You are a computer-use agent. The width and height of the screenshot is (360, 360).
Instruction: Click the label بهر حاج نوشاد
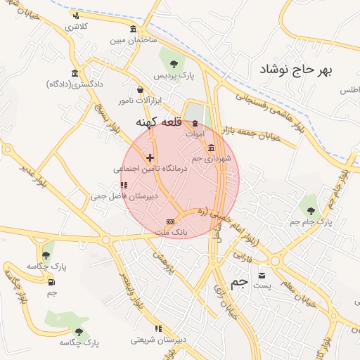[x=295, y=69]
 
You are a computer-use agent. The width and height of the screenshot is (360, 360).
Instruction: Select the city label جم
[x=240, y=282]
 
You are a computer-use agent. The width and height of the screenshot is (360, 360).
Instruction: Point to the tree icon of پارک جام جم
[x=310, y=210]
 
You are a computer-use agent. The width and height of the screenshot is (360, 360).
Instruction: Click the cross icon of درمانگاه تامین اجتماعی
[x=150, y=158]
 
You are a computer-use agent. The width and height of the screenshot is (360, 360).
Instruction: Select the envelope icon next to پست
[x=262, y=275]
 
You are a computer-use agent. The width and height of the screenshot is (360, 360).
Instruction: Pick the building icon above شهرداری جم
[x=212, y=147]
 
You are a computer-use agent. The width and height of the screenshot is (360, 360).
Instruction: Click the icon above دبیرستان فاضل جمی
[x=124, y=186]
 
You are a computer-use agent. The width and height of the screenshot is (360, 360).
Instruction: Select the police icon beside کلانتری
[x=75, y=15]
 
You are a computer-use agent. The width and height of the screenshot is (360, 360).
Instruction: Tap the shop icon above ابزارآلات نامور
[x=141, y=90]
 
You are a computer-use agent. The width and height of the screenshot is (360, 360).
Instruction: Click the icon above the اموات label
[x=195, y=123]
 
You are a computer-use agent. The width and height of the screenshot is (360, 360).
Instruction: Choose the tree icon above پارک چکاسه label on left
[x=46, y=255]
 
